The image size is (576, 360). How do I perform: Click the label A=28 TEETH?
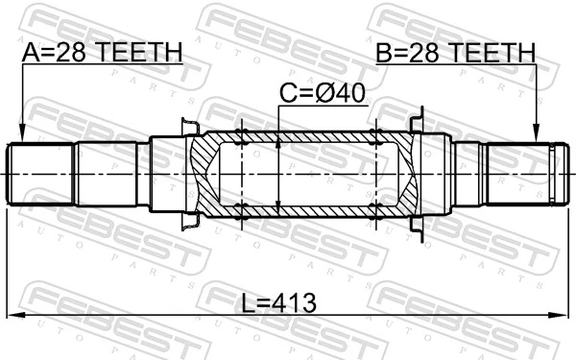(x=101, y=52)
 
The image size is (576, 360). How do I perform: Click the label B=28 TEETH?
(x=455, y=52)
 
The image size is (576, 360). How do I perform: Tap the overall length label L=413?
(x=278, y=303)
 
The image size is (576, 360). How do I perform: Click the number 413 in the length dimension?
(x=292, y=303)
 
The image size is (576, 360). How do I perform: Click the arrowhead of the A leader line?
(x=21, y=136)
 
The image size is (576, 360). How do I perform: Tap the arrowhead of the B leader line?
(x=537, y=136)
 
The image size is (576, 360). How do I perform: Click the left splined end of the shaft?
(x=38, y=174)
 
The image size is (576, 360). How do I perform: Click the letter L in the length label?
(x=247, y=303)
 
